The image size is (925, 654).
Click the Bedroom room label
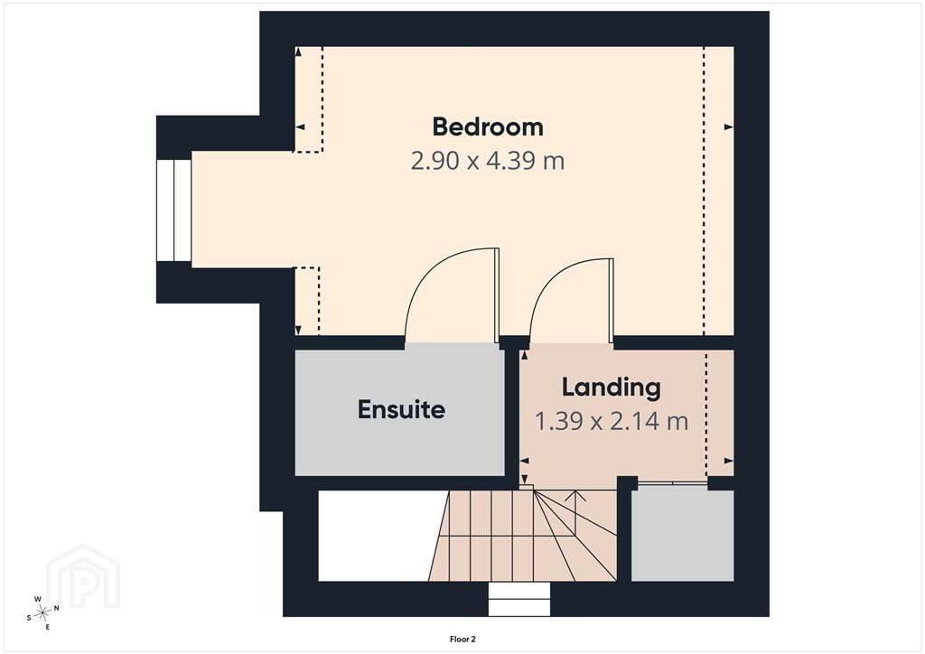tap(487, 126)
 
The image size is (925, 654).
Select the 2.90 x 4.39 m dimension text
tap(487, 161)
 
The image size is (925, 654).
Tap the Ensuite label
tap(401, 409)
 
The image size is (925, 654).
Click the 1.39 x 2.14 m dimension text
tap(612, 421)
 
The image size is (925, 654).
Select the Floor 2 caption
tap(462, 640)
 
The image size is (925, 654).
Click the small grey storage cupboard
tap(683, 536)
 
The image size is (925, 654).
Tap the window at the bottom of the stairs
tap(519, 599)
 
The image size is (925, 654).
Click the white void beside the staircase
tap(378, 536)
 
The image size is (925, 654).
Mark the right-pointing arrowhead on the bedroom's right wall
tap(729, 126)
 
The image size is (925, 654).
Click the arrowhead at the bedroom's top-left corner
tap(298, 51)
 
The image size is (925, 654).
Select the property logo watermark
tap(83, 576)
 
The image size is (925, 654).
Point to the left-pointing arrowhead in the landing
tap(525, 462)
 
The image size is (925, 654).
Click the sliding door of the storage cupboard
tap(673, 484)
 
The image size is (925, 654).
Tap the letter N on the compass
tap(57, 608)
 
